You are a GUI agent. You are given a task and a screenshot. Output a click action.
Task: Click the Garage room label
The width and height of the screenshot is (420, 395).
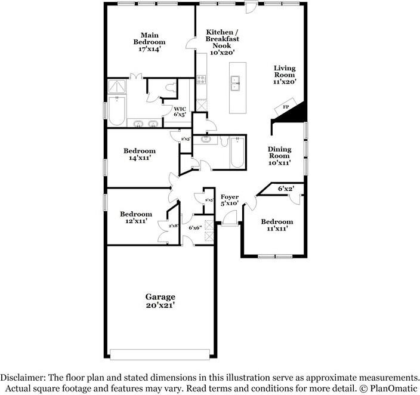click(160, 301)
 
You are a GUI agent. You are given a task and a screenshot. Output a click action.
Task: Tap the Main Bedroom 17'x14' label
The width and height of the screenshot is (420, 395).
click(149, 42)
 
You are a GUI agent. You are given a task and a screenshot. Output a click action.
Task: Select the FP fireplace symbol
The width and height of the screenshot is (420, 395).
click(286, 107)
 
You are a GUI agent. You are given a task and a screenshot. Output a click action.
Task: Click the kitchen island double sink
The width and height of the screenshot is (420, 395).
click(236, 84)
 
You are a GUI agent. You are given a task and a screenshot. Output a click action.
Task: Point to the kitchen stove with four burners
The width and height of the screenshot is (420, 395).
click(201, 79)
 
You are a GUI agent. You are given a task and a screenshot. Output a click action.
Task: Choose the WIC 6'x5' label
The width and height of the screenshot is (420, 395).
click(180, 112)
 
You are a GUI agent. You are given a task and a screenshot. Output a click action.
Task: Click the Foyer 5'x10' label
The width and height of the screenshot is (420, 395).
click(229, 200)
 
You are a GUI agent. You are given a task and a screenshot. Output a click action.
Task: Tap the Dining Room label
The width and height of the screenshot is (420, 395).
click(279, 153)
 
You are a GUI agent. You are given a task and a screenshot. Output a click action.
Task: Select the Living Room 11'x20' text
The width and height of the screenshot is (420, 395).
click(285, 75)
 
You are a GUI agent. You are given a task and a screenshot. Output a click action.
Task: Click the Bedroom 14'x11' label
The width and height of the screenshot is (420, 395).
click(139, 155)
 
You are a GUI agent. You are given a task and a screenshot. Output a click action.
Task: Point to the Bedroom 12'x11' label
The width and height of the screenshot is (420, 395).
click(136, 217)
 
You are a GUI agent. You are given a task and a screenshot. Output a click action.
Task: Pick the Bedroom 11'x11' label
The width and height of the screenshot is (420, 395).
click(277, 225)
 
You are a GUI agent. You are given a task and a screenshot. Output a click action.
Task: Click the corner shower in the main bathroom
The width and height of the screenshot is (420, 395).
click(117, 87)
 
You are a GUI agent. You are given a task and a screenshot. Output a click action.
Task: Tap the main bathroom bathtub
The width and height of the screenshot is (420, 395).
click(116, 110)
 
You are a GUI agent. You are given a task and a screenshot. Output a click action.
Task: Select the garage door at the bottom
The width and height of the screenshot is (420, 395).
click(160, 354)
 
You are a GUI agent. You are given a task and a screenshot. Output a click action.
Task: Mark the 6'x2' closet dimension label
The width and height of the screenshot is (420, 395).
click(286, 189)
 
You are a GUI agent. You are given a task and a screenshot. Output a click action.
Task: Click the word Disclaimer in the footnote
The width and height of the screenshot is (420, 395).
click(23, 378)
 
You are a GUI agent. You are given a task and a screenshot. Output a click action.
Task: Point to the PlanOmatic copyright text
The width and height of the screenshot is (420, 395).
click(388, 388)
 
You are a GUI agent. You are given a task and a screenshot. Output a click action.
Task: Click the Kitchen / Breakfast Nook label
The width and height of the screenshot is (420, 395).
click(222, 42)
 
